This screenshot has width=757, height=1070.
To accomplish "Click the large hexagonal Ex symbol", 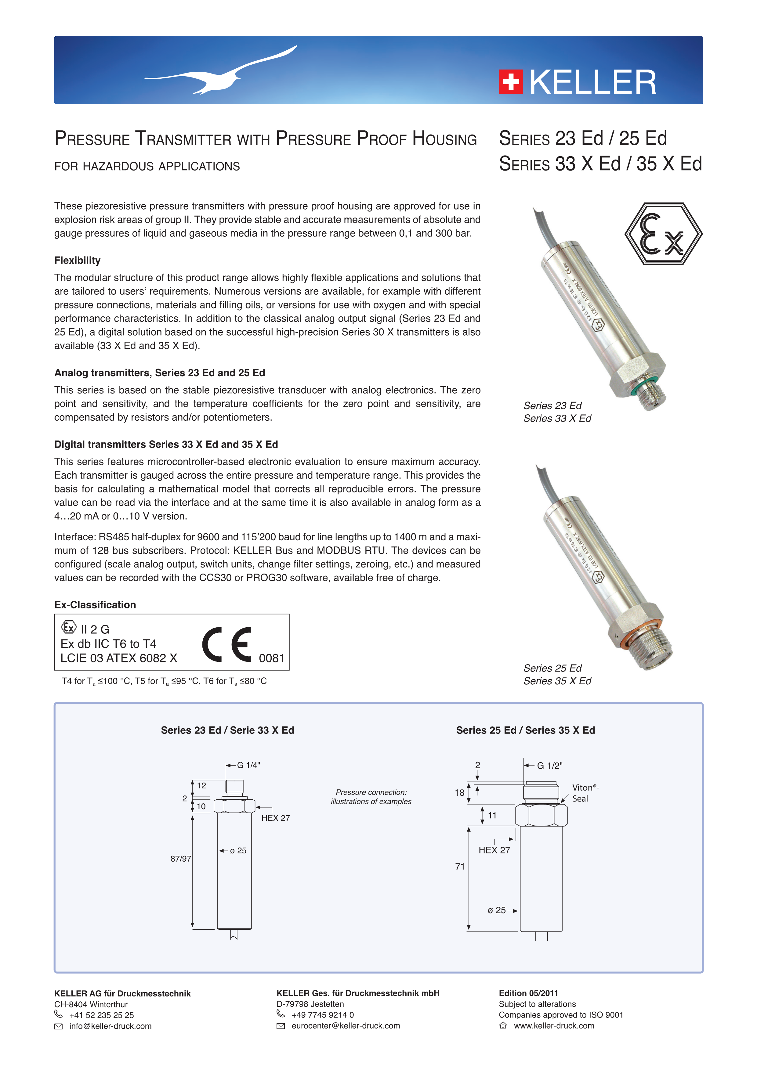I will [663, 234].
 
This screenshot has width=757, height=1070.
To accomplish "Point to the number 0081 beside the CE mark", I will [272, 658].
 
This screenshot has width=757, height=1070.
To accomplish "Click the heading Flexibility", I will [77, 261].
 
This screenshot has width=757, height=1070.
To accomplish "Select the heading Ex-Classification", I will [95, 605].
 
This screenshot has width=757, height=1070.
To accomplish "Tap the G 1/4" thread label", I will [248, 765].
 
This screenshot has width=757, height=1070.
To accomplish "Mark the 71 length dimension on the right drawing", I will [460, 866].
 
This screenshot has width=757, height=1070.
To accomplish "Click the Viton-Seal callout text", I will [585, 793].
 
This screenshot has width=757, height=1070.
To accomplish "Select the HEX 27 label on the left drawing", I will [276, 818].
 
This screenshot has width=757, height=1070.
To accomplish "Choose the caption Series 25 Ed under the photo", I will [552, 668].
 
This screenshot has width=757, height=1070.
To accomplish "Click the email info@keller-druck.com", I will [110, 1026].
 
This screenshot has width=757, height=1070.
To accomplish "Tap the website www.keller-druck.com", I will [554, 1026].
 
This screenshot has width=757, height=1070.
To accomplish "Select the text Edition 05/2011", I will [528, 993].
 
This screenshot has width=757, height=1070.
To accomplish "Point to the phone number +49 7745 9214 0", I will [323, 1015].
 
